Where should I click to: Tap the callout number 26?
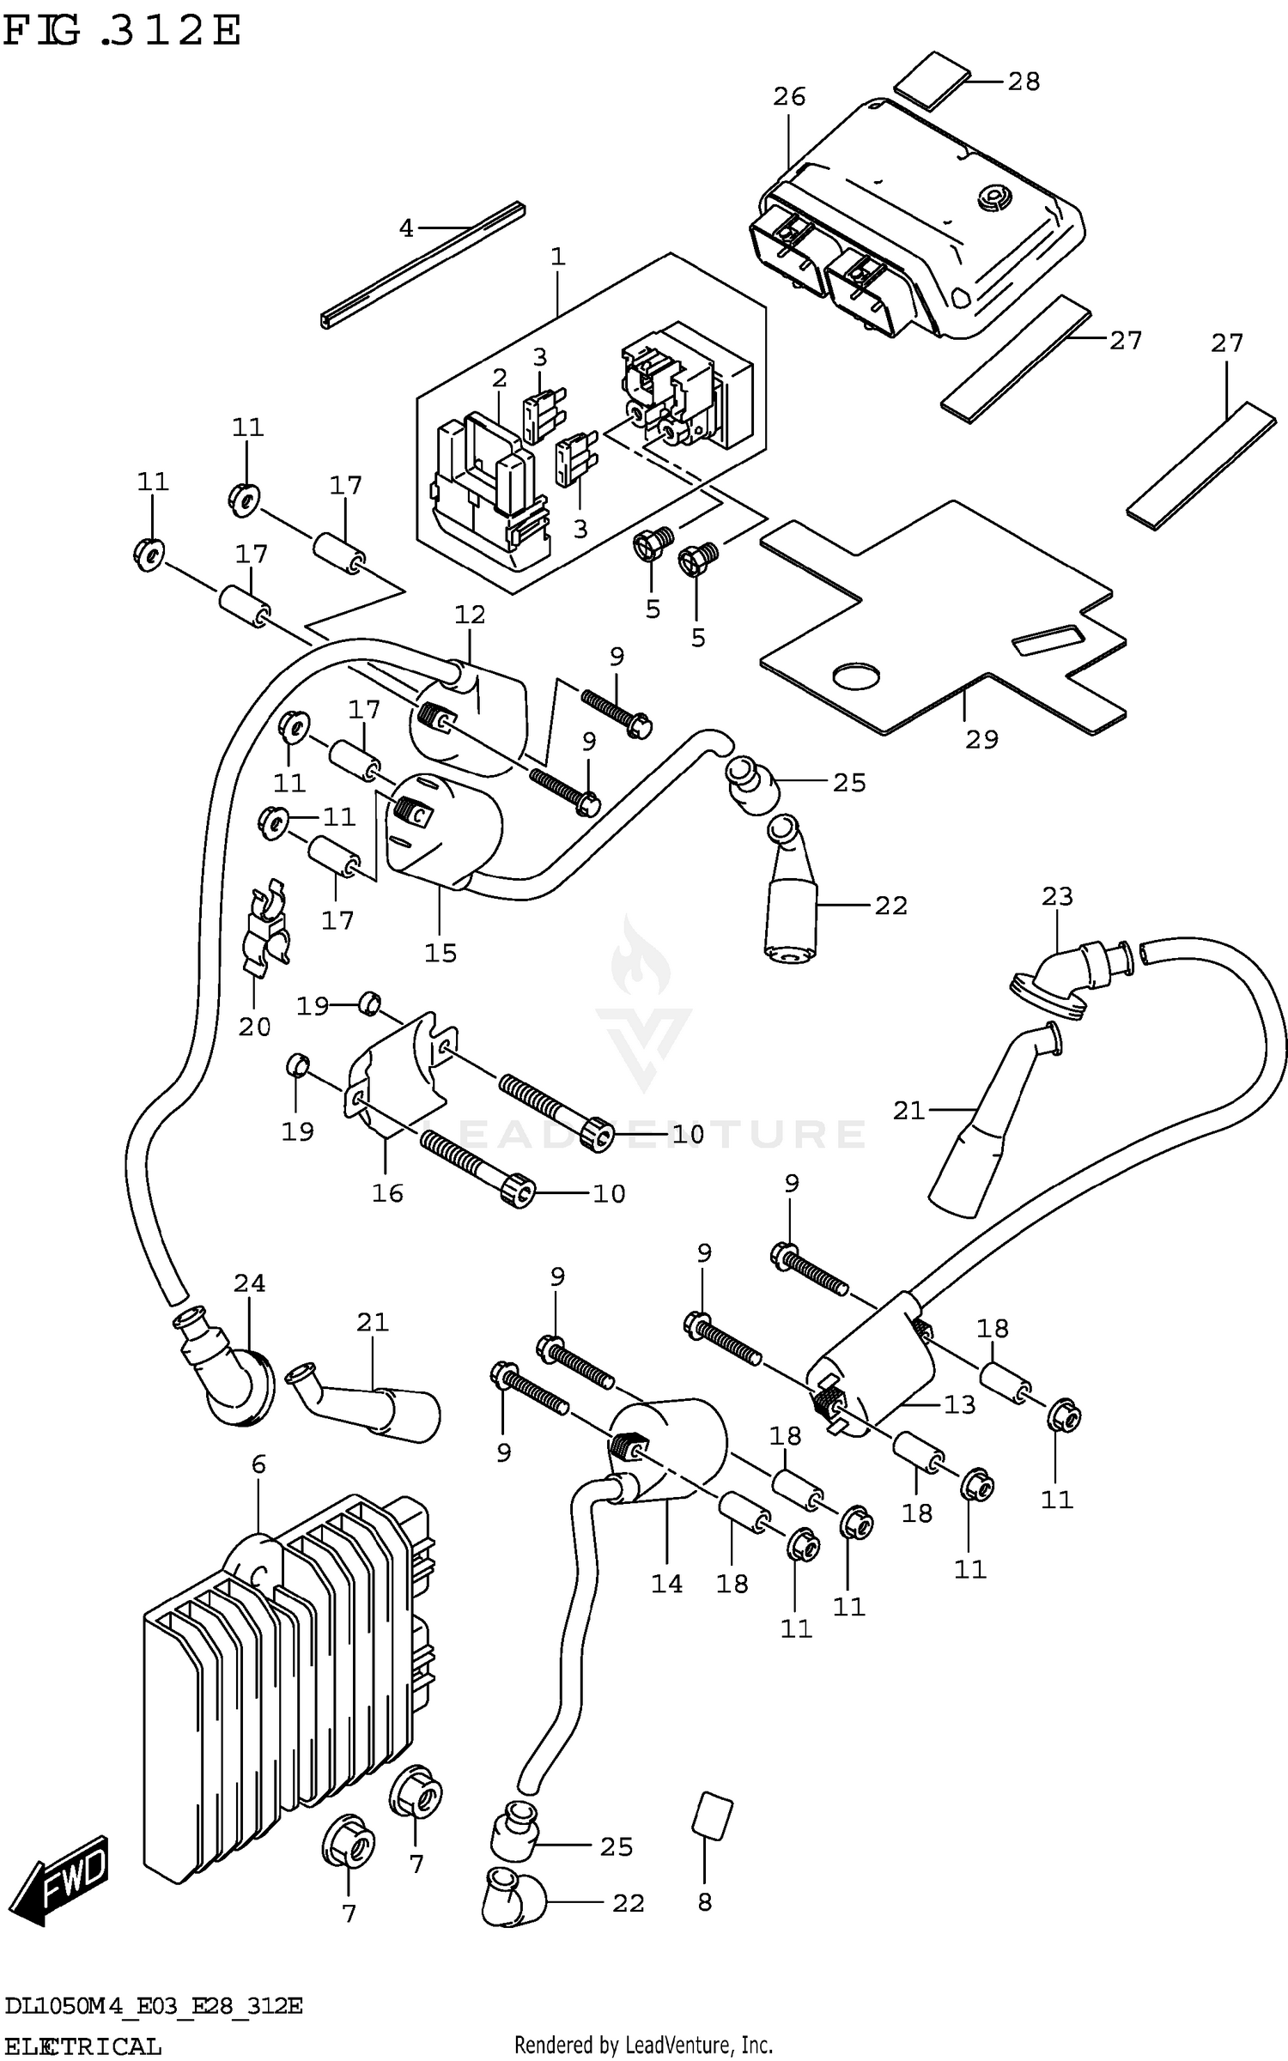pyautogui.click(x=788, y=97)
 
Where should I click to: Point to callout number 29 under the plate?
pyautogui.click(x=981, y=739)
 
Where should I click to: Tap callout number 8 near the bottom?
pyautogui.click(x=704, y=1902)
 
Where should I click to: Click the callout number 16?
pyautogui.click(x=387, y=1192)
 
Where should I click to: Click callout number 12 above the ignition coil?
pyautogui.click(x=470, y=615)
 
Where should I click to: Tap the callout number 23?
pyautogui.click(x=1057, y=896)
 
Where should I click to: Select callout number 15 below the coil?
pyautogui.click(x=440, y=953)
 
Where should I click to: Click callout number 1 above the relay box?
pyautogui.click(x=558, y=256)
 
